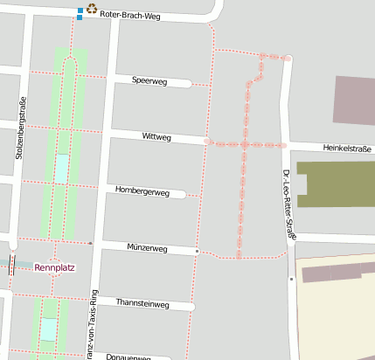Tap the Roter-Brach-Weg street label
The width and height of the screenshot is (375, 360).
click(130, 16)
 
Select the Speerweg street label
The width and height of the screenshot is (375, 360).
click(149, 80)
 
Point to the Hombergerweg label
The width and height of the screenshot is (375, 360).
click(142, 190)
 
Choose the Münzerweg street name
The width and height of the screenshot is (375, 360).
click(147, 248)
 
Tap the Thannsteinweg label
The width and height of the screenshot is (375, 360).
click(142, 303)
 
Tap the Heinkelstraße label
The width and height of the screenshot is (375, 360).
click(348, 149)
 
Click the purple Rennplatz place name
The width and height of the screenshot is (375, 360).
click(55, 267)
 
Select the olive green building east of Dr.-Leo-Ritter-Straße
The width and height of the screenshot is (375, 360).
click(337, 183)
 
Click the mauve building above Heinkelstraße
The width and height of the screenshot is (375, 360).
click(354, 99)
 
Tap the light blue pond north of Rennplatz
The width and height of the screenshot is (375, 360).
click(60, 168)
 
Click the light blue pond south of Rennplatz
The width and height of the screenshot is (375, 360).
click(49, 329)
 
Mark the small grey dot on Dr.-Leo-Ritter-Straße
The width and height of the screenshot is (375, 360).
click(291, 279)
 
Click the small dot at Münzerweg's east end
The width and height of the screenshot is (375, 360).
click(198, 252)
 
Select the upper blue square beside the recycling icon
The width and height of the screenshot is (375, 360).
click(80, 10)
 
